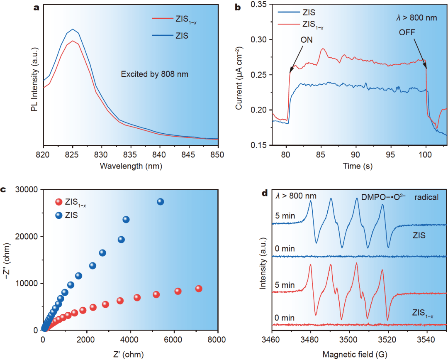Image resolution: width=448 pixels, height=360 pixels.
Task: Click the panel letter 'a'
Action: coord(37,7)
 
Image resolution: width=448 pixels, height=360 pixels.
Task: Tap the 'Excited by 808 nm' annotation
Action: coord(155,74)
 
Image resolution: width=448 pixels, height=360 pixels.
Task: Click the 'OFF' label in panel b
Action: coord(407,32)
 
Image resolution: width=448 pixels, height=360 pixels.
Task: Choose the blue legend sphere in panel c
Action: coord(58,216)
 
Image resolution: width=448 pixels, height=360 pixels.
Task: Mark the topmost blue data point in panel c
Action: coord(161,202)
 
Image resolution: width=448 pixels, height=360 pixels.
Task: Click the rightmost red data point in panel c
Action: coord(199,289)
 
